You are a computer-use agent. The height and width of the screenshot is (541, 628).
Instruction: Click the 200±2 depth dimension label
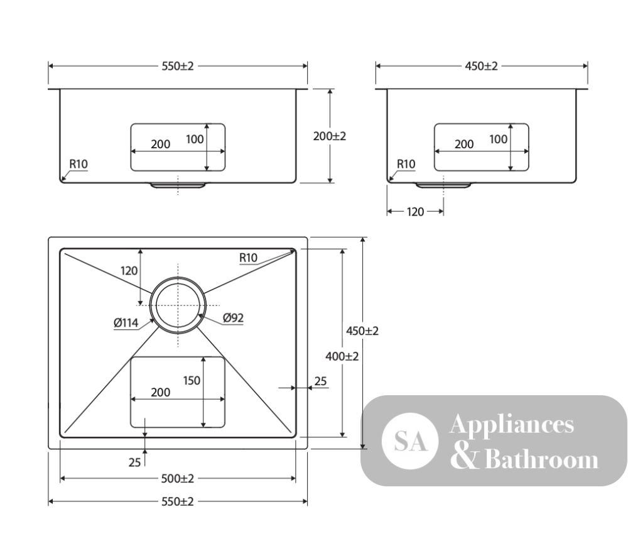[x=329, y=136]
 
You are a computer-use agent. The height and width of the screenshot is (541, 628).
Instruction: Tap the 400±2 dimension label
[x=342, y=356]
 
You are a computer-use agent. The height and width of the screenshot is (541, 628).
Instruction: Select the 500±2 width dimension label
[x=178, y=479]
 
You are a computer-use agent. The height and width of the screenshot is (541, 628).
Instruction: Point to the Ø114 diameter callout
[x=126, y=322]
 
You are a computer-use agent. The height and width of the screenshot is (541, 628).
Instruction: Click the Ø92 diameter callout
[x=233, y=318]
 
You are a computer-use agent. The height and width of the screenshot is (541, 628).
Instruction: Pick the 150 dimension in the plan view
[x=192, y=380]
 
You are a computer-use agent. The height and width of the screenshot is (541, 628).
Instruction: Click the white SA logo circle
[x=409, y=441]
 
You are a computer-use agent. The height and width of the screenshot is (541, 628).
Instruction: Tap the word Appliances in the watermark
[x=511, y=425]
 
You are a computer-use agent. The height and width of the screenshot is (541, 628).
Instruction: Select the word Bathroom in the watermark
[x=541, y=459]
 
